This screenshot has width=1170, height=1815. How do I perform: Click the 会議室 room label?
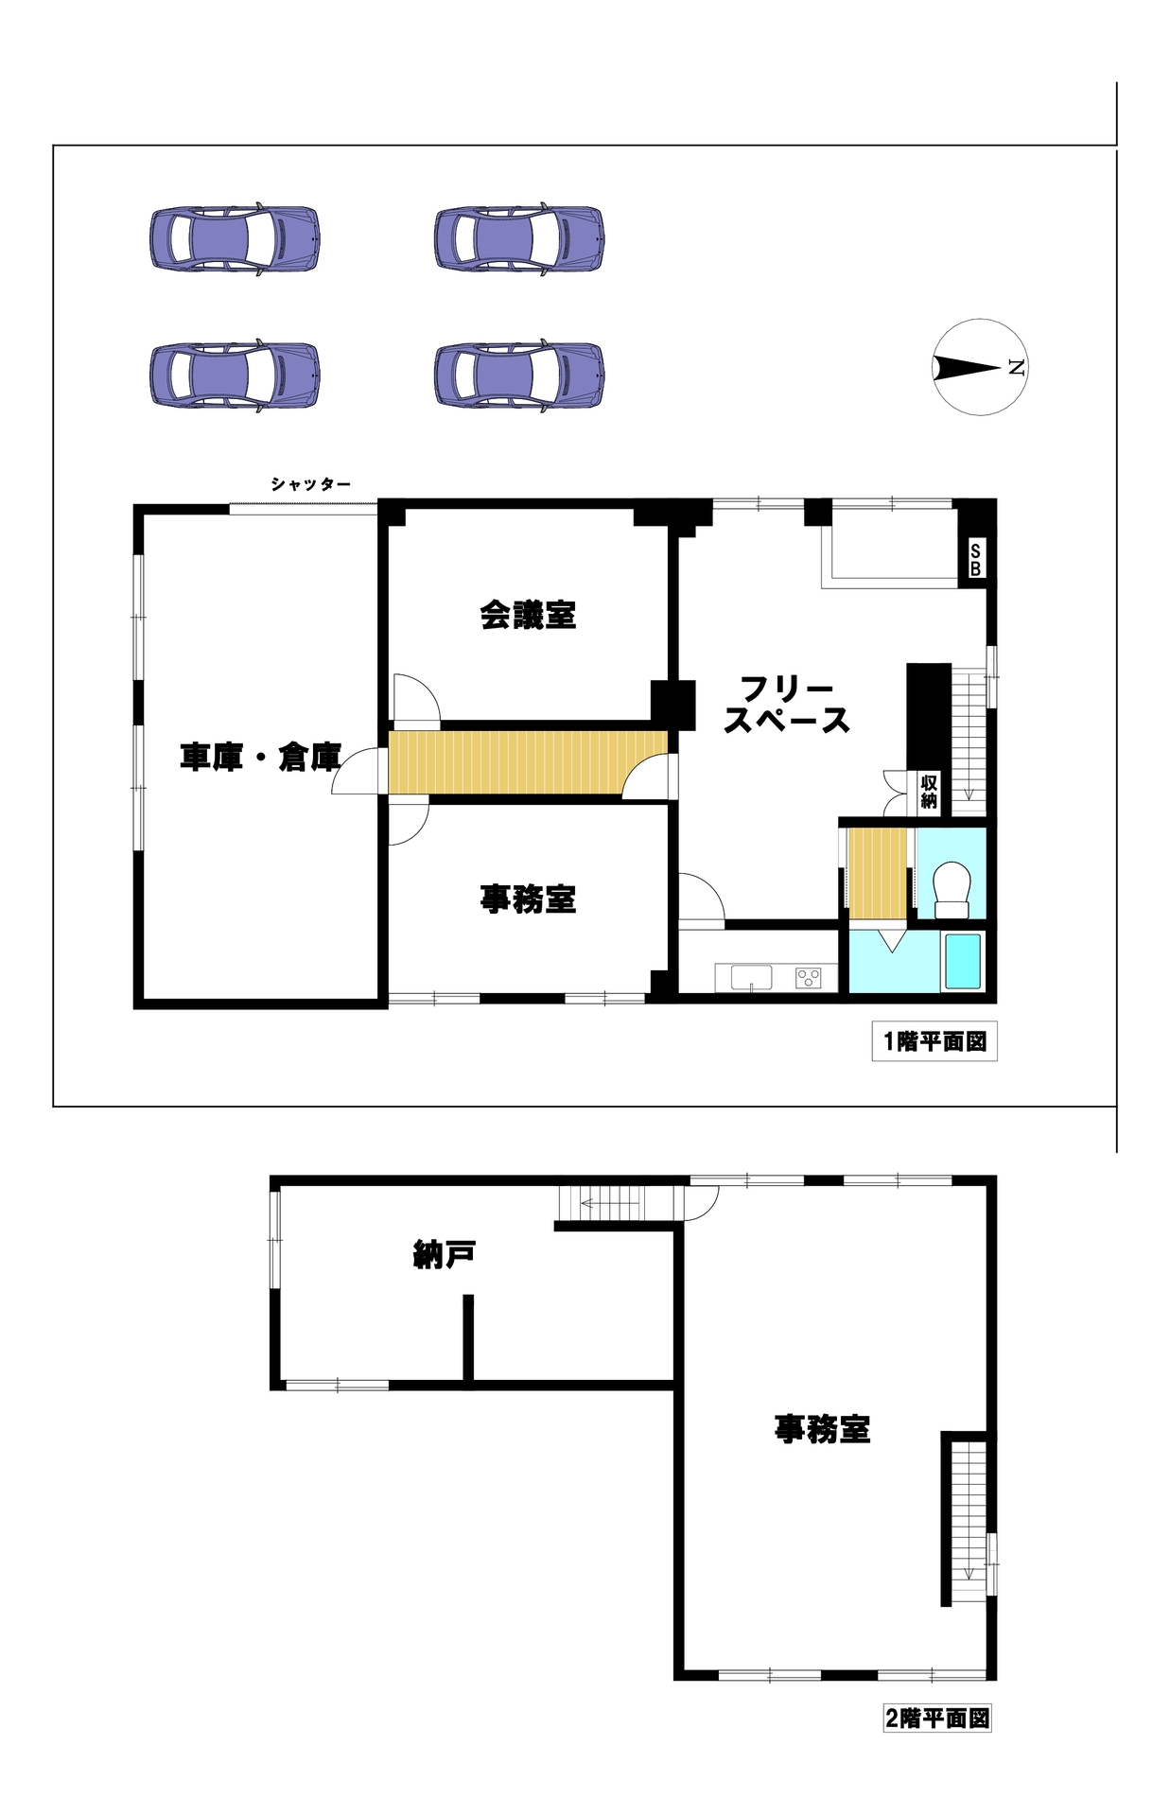point(528,615)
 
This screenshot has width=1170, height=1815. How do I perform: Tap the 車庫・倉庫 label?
point(260,757)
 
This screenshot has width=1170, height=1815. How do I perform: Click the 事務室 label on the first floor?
point(528,899)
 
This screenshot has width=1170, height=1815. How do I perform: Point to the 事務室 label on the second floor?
point(822,1428)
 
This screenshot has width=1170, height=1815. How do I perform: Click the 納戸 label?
point(445,1255)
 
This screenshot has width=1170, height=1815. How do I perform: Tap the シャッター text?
point(310,484)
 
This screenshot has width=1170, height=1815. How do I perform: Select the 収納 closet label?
point(929,792)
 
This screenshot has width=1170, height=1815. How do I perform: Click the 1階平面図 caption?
point(934,1041)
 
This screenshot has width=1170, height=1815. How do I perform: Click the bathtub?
point(963,962)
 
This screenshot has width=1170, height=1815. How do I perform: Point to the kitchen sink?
point(751,977)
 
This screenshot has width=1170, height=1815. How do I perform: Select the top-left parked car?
point(235,238)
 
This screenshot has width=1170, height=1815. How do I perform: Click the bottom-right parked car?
point(519,375)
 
